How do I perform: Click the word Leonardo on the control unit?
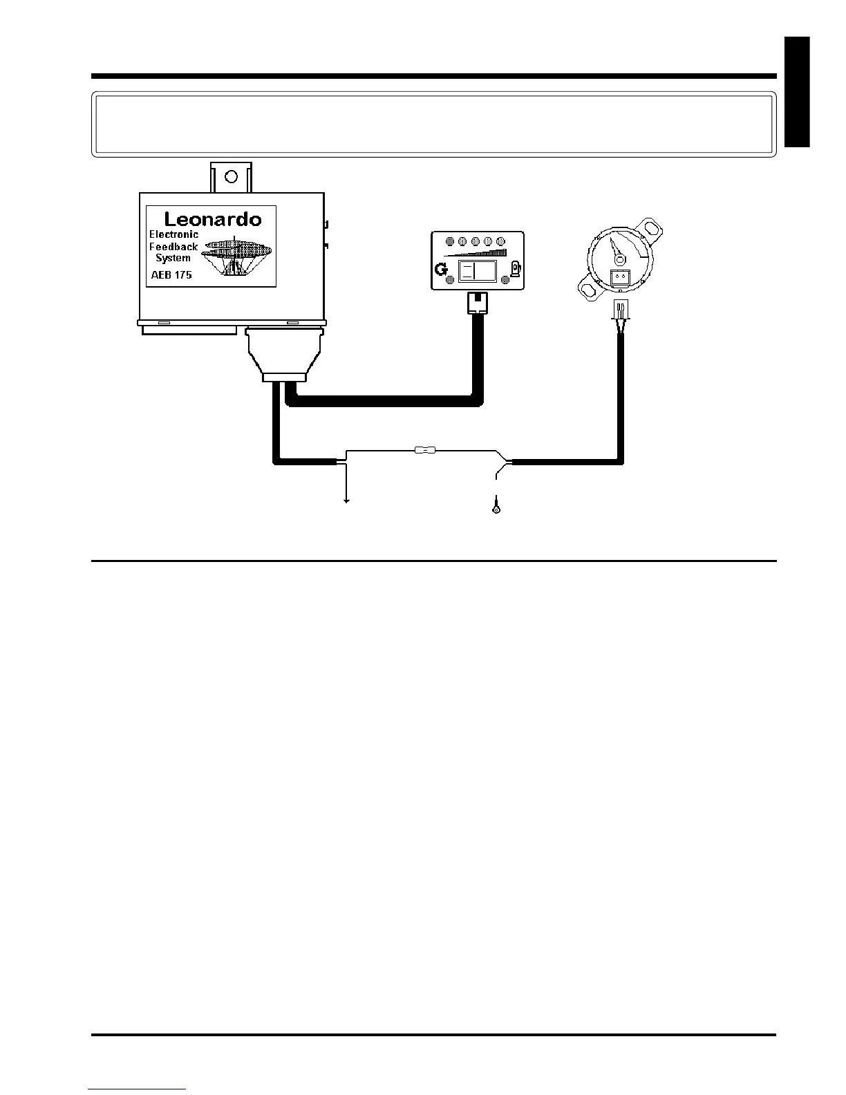tap(213, 220)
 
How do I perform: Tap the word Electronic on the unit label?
tap(173, 234)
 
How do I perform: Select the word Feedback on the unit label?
tap(173, 246)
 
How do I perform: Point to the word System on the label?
tap(173, 258)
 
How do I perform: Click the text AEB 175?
tap(171, 274)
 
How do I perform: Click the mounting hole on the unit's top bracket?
tap(231, 176)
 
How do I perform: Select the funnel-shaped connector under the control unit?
tap(283, 355)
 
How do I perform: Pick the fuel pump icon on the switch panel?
tap(515, 268)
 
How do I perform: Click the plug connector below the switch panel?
tap(477, 302)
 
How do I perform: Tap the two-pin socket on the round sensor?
tap(620, 277)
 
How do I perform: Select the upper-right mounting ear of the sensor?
tap(650, 226)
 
